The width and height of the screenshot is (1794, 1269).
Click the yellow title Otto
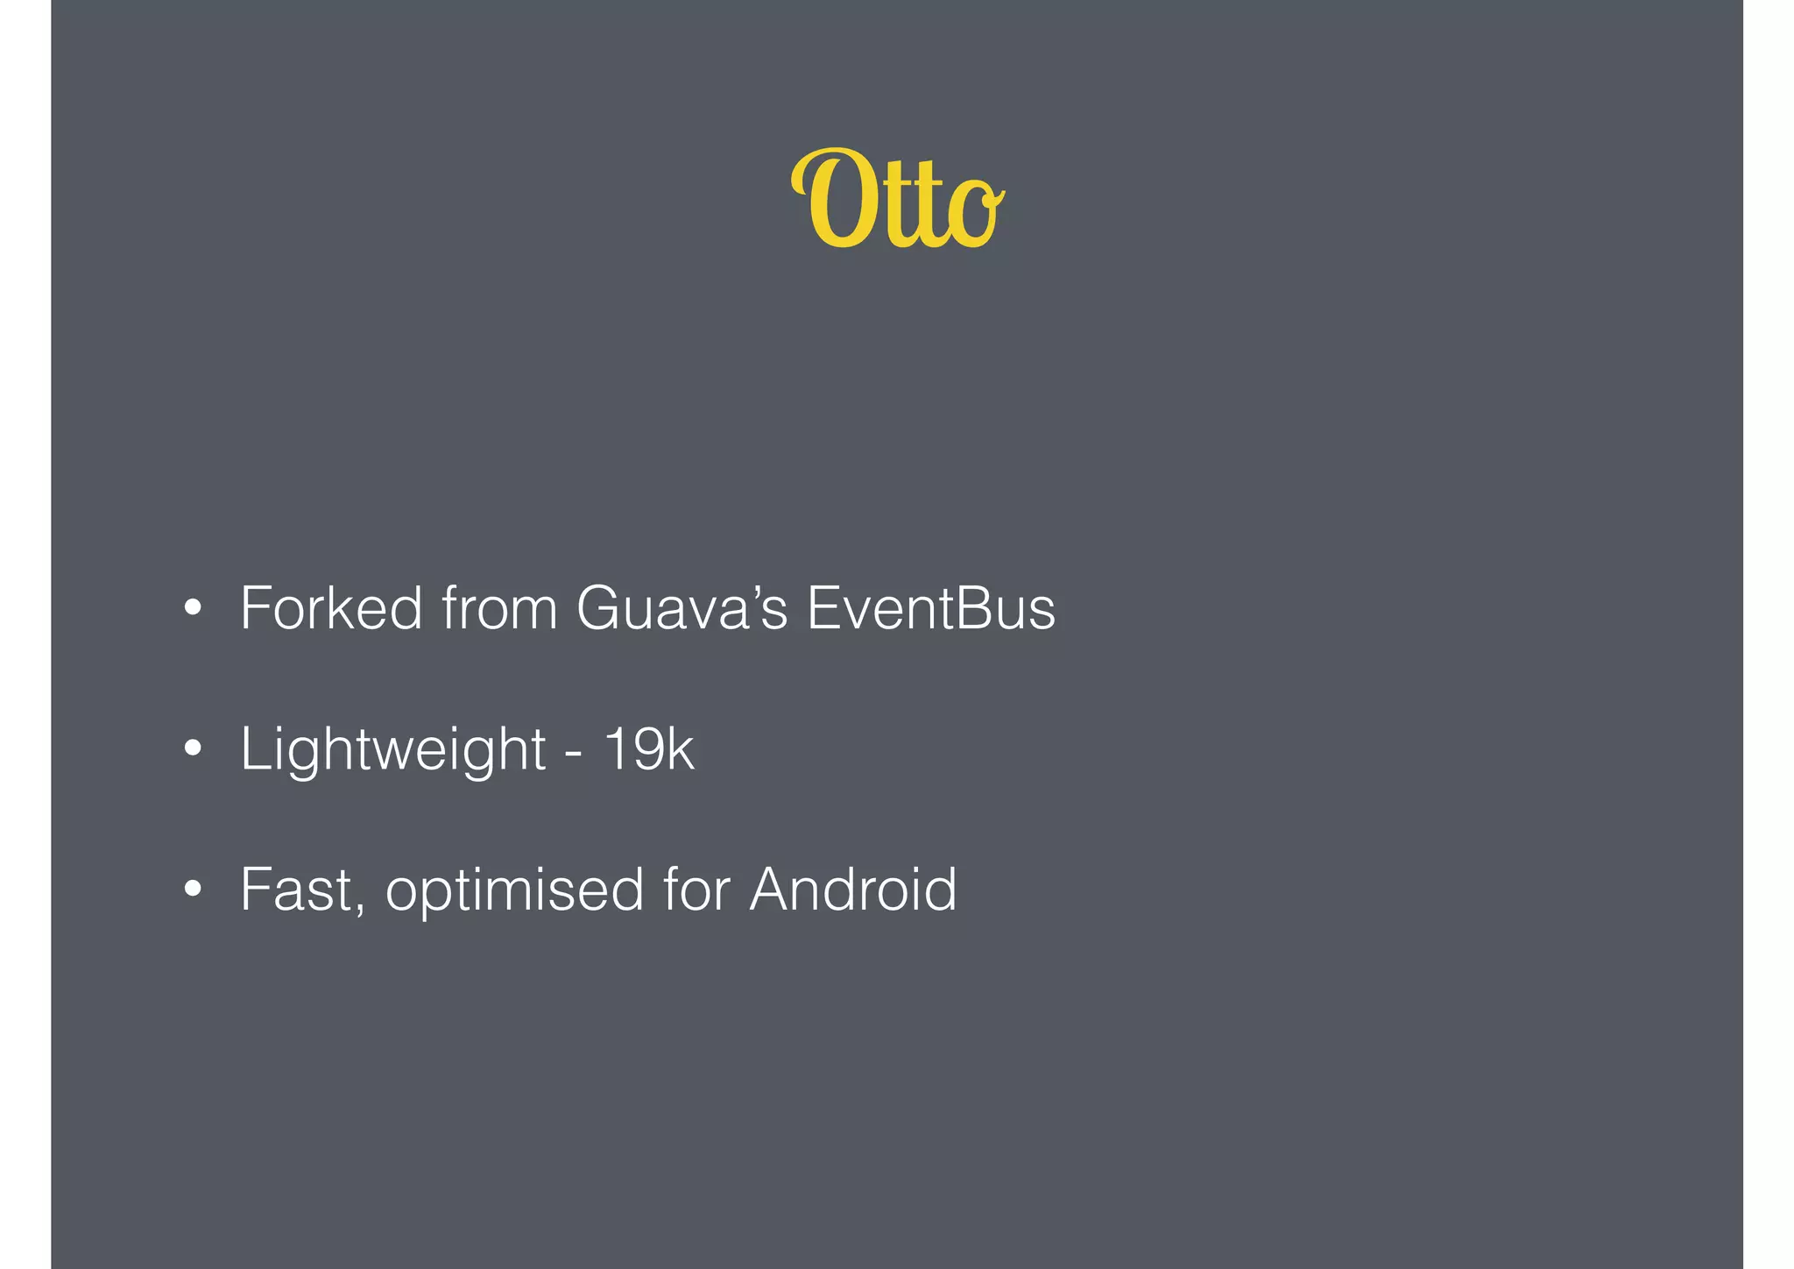[x=897, y=200]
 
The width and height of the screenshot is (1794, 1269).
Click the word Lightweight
[x=393, y=750]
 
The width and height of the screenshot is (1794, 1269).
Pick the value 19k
[x=649, y=748]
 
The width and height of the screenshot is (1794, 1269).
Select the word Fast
[x=298, y=890]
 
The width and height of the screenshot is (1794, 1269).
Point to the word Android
[x=853, y=890]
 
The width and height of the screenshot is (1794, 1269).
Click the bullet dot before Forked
[x=193, y=607]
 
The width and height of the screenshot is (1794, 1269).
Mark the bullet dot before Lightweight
[x=193, y=748]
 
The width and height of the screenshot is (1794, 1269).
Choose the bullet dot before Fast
[x=193, y=890]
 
